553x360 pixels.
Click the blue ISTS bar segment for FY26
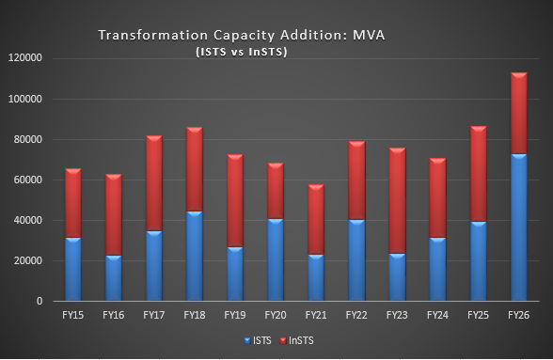click(x=519, y=227)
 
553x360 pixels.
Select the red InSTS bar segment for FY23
click(x=397, y=200)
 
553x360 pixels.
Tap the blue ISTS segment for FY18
click(x=195, y=256)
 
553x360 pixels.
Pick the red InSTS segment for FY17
click(x=154, y=183)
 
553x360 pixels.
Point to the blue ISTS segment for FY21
click(x=316, y=278)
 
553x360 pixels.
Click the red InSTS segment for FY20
click(x=276, y=191)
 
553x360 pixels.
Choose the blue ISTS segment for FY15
click(x=73, y=270)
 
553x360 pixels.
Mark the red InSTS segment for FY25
click(x=478, y=174)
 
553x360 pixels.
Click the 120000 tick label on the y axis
click(x=24, y=58)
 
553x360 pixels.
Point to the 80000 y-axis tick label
click(x=27, y=139)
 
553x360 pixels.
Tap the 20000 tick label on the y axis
click(x=27, y=261)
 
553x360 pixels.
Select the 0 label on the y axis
click(x=39, y=301)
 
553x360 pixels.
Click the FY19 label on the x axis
click(x=235, y=315)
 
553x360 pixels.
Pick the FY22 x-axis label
click(x=356, y=315)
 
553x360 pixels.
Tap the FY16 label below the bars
click(x=114, y=315)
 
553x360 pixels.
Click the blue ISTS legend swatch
click(x=247, y=341)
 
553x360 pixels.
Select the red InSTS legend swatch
click(x=283, y=341)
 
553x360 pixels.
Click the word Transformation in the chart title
click(x=153, y=36)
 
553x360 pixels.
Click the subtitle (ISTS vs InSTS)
click(x=242, y=52)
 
